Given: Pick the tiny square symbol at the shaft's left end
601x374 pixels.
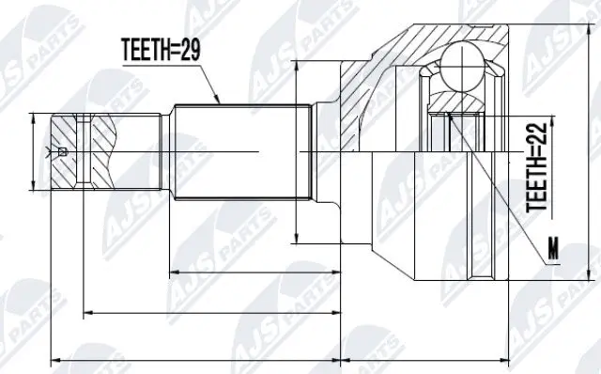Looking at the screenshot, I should point(62,151).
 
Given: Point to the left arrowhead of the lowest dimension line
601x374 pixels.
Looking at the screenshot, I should point(54,358).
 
